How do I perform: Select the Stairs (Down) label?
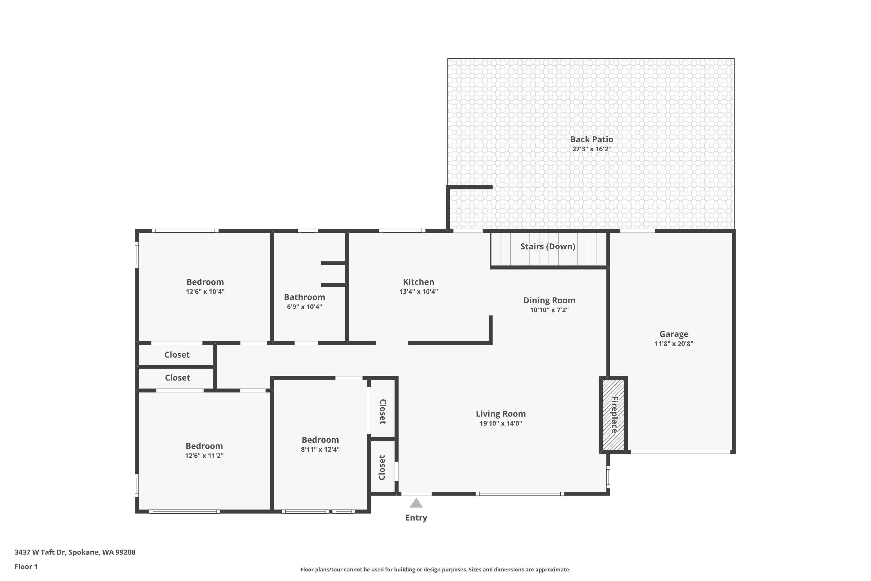click(547, 246)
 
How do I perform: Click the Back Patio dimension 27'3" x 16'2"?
click(591, 149)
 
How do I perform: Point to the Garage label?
click(673, 334)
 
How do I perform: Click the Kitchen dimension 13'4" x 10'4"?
click(418, 292)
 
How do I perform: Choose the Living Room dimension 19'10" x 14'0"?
click(500, 424)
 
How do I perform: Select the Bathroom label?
click(304, 297)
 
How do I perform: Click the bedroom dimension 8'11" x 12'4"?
click(320, 449)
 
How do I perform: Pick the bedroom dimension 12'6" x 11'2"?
click(204, 456)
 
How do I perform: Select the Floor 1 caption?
click(26, 566)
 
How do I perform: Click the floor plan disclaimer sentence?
click(435, 569)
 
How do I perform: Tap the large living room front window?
click(520, 494)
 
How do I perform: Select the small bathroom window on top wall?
click(308, 231)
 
